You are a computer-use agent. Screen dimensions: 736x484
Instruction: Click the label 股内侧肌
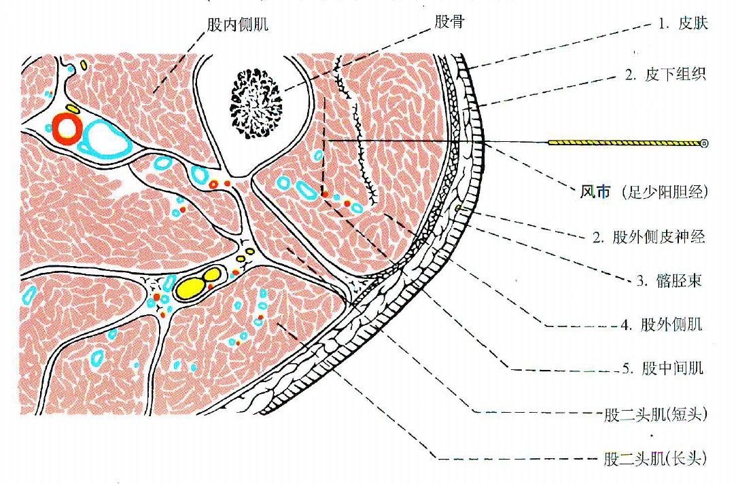(x=237, y=24)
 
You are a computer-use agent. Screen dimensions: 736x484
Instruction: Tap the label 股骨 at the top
(x=449, y=22)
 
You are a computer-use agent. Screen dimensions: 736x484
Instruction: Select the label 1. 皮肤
(x=683, y=24)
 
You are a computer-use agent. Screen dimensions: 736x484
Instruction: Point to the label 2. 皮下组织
(x=665, y=74)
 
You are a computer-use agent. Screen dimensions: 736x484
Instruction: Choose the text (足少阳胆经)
(x=664, y=192)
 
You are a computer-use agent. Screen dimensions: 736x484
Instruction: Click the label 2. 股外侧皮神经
(x=649, y=237)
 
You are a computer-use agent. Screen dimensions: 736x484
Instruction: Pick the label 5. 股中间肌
(x=663, y=368)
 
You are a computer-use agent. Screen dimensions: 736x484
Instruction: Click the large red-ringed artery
(x=67, y=127)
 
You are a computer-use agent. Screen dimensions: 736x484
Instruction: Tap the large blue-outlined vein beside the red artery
(x=106, y=139)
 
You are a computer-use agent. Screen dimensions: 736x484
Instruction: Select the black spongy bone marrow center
(x=256, y=104)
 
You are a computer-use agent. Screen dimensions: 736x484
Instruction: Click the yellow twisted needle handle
(x=625, y=143)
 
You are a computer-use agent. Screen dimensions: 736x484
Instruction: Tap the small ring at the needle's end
(x=703, y=143)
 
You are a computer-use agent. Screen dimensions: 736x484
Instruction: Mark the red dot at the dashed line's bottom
(x=323, y=193)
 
